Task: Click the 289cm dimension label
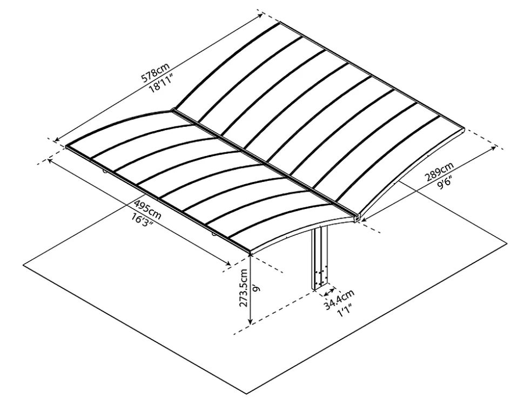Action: [439, 171]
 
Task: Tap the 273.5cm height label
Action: [244, 288]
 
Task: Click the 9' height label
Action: [256, 288]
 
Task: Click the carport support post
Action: [320, 258]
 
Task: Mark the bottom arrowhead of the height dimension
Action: [250, 322]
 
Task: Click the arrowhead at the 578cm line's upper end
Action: [260, 16]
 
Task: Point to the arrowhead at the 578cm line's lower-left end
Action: [57, 139]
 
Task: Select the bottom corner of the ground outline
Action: [247, 394]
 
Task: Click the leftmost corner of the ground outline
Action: [23, 265]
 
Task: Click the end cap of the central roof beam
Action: [357, 218]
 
